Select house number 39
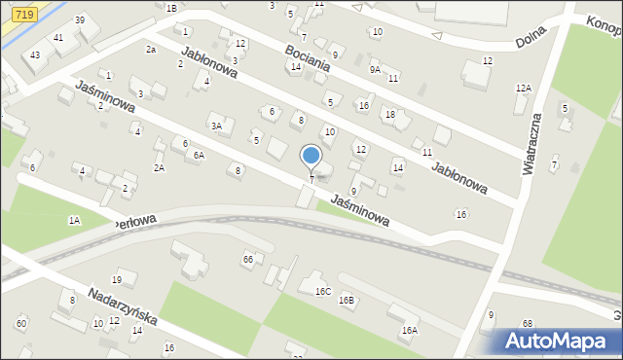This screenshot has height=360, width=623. point(80,20)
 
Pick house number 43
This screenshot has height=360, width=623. point(35,54)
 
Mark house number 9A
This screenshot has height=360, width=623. point(375,69)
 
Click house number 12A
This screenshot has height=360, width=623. point(524,89)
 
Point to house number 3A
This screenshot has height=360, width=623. point(217,126)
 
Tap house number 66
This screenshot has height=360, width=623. point(248,259)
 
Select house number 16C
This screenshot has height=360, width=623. point(322,291)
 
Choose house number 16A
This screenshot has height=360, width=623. point(409,331)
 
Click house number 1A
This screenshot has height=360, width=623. point(74,221)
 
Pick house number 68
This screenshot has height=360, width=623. point(528,323)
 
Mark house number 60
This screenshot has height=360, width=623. point(21,323)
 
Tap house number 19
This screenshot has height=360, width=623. point(117,280)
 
